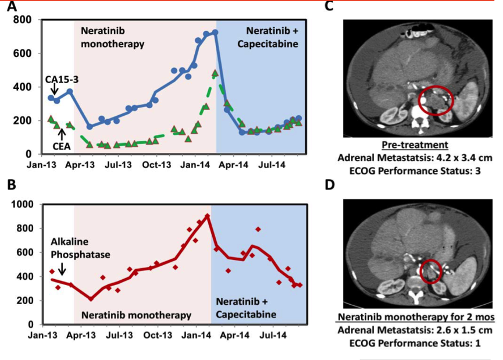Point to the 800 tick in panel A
(23, 20)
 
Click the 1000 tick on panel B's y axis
(22, 204)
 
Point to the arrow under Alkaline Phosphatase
(62, 267)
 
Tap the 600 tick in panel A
(23, 54)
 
